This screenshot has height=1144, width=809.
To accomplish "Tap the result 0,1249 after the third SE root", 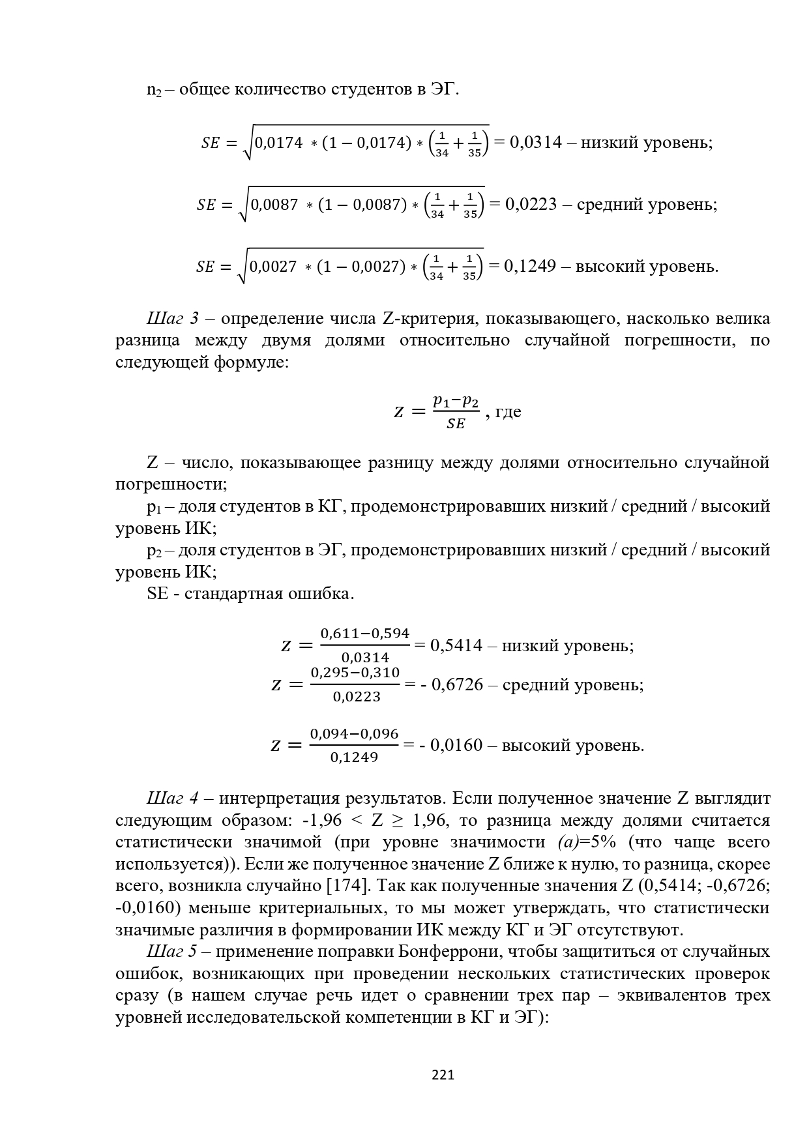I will tap(530, 266).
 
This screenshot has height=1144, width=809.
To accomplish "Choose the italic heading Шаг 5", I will tap(172, 952).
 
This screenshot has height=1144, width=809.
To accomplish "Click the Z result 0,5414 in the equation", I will tap(456, 645).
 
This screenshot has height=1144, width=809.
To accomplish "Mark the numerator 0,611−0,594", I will tap(364, 634).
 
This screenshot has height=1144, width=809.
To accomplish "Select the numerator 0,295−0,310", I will tap(355, 673).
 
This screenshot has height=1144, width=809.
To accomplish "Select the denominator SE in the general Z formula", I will tap(456, 424).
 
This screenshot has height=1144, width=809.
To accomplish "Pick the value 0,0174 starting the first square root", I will tap(278, 143).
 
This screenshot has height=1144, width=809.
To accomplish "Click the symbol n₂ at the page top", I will tap(154, 90).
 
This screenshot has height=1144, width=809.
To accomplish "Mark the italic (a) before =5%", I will tap(568, 842).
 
